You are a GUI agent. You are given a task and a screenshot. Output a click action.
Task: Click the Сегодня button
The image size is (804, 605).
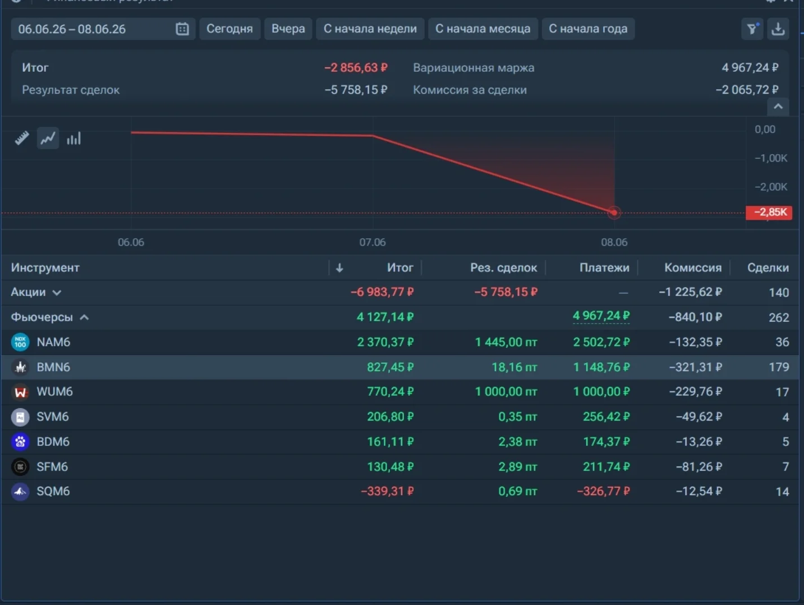[x=229, y=29]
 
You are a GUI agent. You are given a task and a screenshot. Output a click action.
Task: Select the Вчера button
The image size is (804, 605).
[x=288, y=29]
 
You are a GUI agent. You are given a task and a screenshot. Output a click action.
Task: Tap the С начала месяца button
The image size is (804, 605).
[x=483, y=29]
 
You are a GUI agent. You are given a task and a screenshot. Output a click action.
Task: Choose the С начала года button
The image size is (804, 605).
[x=588, y=29]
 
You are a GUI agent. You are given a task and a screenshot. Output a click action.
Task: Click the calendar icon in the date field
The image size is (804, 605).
[x=182, y=29]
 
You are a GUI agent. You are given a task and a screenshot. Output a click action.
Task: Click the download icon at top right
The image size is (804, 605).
[x=778, y=29]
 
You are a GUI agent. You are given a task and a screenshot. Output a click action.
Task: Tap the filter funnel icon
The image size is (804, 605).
[x=752, y=29]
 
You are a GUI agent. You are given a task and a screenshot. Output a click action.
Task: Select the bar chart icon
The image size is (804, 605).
[x=73, y=138]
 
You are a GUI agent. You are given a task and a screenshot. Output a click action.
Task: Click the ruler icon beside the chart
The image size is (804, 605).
[x=22, y=138]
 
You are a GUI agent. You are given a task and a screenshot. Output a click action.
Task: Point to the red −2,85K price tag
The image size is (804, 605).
[x=769, y=213]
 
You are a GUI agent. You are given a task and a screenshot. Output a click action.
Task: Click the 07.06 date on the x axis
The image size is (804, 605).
[x=373, y=242]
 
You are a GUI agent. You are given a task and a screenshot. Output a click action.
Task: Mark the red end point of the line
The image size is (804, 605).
[x=614, y=213]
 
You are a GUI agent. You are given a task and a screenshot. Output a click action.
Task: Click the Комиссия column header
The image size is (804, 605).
[x=693, y=267]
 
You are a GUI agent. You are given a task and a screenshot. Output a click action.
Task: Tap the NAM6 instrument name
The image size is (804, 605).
[x=53, y=342]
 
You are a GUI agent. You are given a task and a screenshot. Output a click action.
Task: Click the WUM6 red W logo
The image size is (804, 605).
[x=21, y=392]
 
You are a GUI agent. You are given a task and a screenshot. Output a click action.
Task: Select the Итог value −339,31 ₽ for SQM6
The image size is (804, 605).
[x=387, y=491]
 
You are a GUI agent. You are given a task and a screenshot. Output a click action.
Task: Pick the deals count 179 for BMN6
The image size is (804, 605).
[x=779, y=367]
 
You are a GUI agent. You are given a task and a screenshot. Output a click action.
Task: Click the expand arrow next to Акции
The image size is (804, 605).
[x=57, y=293]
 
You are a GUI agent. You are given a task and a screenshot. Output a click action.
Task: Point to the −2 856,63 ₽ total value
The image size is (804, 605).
[x=356, y=68]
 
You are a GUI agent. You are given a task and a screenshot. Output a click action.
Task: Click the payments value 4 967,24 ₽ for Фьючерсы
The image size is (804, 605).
[x=601, y=316]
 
